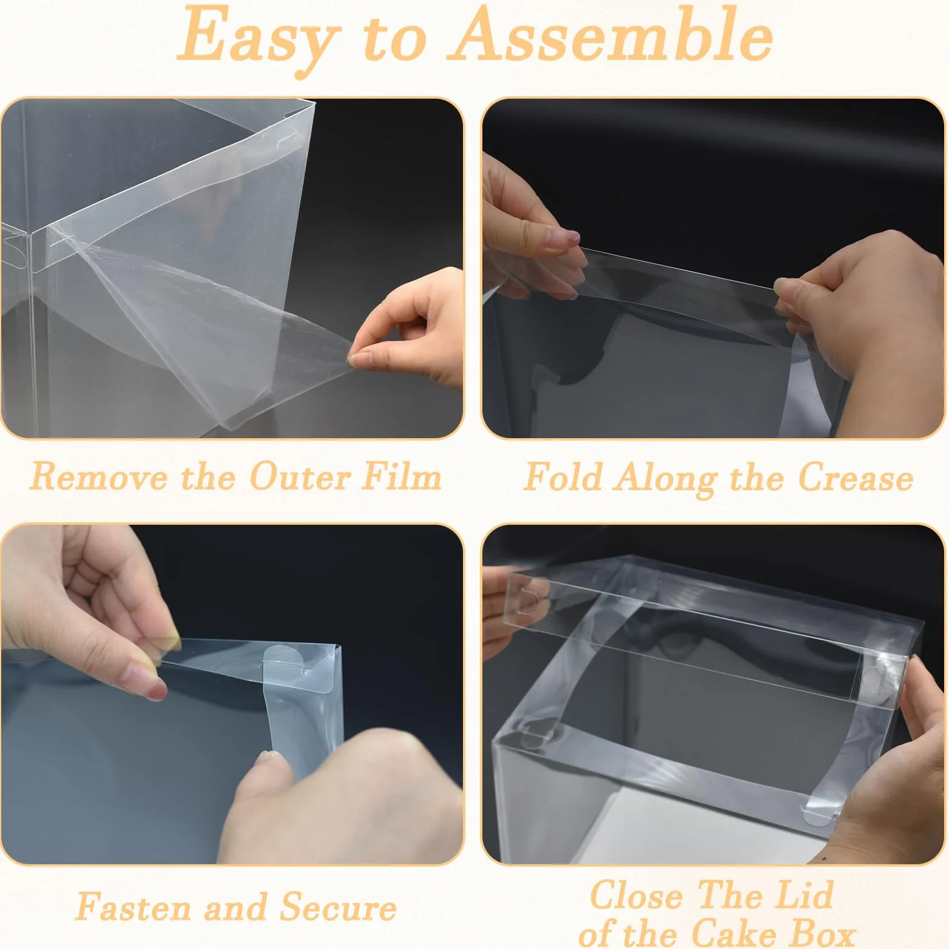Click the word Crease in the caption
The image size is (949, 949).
[856, 478]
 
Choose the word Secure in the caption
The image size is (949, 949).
[338, 907]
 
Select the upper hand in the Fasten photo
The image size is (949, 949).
[85, 611]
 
